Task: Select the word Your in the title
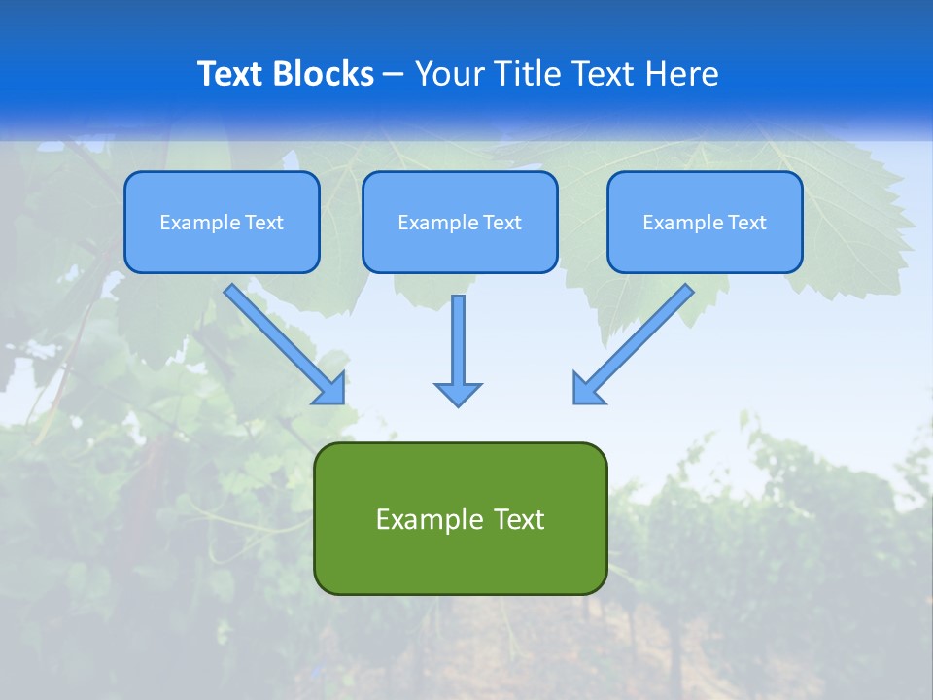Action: point(448,74)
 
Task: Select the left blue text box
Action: point(222,249)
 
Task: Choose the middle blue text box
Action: point(460,249)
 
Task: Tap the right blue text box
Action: point(705,249)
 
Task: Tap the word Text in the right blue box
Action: point(747,223)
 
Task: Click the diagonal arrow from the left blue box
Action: point(282,341)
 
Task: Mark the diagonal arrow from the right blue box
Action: point(636,341)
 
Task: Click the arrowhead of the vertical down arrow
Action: point(458,394)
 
